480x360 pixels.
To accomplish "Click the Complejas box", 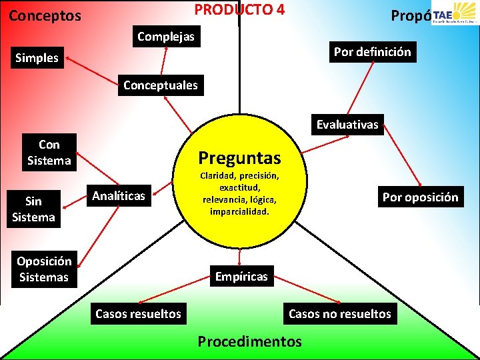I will pos(166,37).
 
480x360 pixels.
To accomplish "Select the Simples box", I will pos(37,59).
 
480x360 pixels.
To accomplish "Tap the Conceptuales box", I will pos(161,85).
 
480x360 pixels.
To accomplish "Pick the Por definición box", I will pos(372,52).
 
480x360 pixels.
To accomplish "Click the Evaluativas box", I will pos(347,125).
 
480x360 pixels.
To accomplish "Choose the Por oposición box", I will pos(420,197).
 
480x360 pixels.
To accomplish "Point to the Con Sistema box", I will pos(49,152).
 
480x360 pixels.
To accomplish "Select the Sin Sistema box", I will pos(33,209).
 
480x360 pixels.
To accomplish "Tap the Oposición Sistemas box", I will pos(43,269).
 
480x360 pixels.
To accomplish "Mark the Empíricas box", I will pos(241,276).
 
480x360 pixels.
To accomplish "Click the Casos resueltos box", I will pos(138,313).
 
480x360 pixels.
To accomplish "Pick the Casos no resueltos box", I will pos(339,314).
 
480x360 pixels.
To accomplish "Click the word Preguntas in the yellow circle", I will pos(239,158).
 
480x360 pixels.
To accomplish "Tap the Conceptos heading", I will pos(45,15).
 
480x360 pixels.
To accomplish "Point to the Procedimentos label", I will pos(249,341).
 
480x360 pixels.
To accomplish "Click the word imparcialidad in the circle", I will pos(239,211).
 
